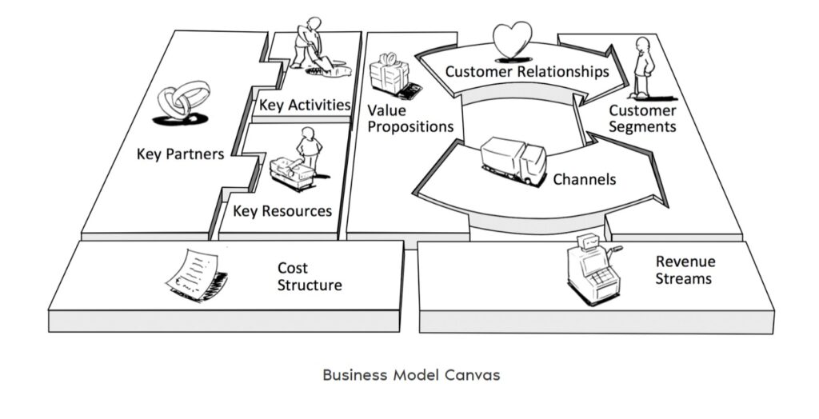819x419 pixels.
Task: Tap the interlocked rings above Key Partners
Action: pos(183,101)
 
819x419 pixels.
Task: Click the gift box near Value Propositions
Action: pos(390,75)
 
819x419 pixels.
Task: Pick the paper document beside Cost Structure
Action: pos(194,274)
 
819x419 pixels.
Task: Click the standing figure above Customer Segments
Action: pos(642,67)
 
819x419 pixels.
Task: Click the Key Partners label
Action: pos(180,154)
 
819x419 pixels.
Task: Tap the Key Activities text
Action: pos(305,105)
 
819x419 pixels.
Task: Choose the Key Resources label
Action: pos(282,211)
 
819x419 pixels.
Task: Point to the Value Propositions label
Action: pos(410,118)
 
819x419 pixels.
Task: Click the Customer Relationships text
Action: pos(527,72)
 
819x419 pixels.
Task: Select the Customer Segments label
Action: pos(642,118)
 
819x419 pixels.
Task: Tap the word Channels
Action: pos(585,179)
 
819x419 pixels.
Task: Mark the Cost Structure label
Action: pos(310,277)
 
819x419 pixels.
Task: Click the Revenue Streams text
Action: pos(685,270)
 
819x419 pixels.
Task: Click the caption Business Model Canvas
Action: pos(411,375)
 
